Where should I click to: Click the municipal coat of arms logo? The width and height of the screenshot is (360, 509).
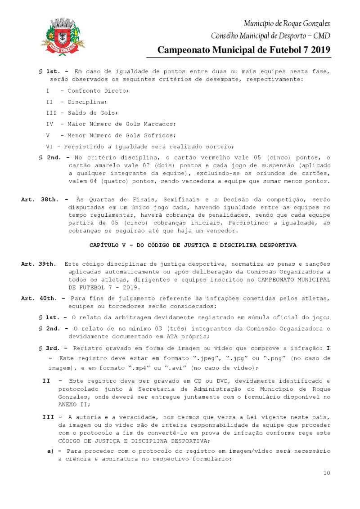(63, 37)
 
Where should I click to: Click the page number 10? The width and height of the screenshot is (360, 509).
(327, 473)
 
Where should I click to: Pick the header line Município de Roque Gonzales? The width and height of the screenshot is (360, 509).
(287, 23)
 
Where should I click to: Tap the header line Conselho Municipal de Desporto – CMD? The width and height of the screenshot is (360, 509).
(270, 36)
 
